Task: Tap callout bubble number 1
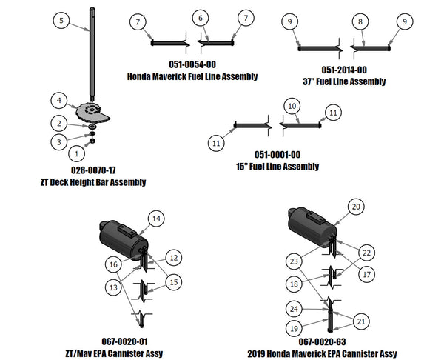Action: pos(74,153)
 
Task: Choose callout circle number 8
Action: pos(360,22)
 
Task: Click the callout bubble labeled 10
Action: pos(292,106)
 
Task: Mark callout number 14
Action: pos(156,219)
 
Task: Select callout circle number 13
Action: pos(113,287)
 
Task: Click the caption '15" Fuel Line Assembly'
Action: pos(276,167)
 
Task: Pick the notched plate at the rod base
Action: pos(94,111)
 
